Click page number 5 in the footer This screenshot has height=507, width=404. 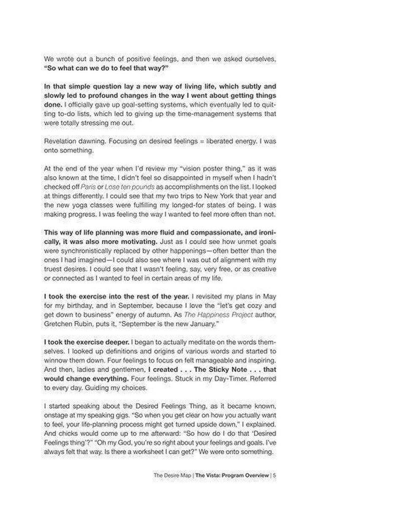point(274,475)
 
